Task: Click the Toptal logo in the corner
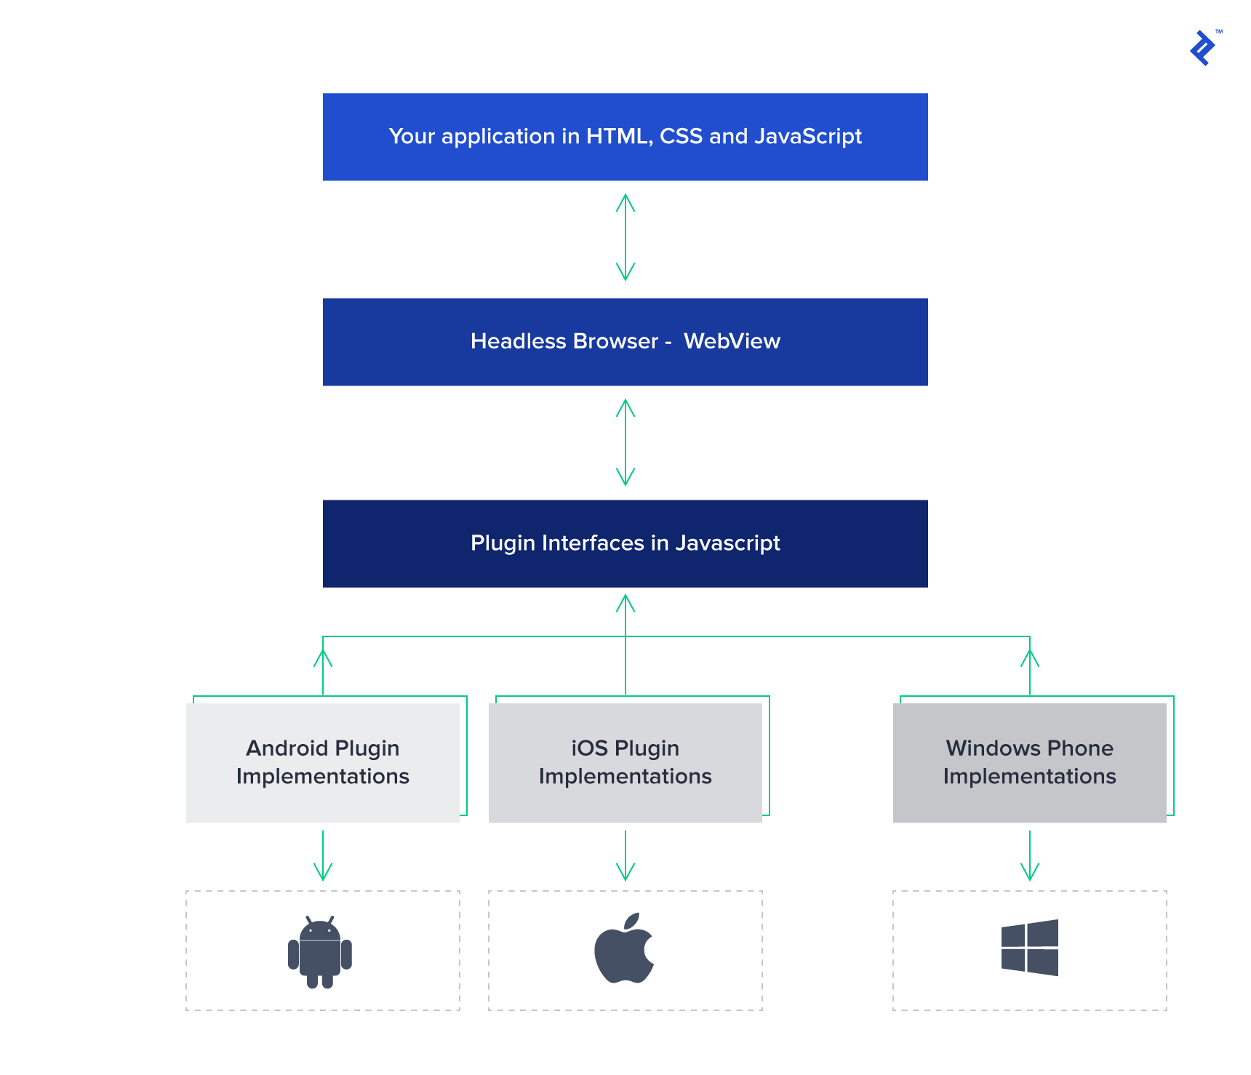pos(1203,48)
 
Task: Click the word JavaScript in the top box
pos(807,136)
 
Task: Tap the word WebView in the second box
pos(732,341)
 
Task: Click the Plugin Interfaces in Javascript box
pos(625,543)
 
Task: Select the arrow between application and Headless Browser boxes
pos(625,237)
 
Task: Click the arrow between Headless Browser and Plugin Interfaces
pos(625,442)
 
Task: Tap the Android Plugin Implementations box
pos(323,762)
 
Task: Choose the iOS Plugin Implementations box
pos(625,762)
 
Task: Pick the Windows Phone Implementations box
pos(1029,762)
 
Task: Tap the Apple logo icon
pos(624,949)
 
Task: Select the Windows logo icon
pos(1029,948)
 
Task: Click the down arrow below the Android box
pos(323,857)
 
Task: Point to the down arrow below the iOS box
pos(625,857)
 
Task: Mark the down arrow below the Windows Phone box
pos(1030,857)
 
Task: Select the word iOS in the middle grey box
pos(589,748)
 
